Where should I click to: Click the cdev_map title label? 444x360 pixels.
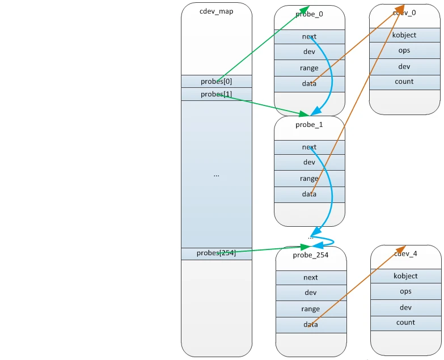pyautogui.click(x=217, y=11)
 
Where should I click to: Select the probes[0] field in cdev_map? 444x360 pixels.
pyautogui.click(x=217, y=81)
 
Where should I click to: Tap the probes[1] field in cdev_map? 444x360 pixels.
pyautogui.click(x=217, y=94)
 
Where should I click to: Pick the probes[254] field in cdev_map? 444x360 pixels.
pyautogui.click(x=217, y=253)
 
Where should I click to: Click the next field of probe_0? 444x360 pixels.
pyautogui.click(x=310, y=37)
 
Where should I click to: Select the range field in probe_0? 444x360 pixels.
pyautogui.click(x=310, y=68)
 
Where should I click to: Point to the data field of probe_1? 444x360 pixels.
pyautogui.click(x=310, y=194)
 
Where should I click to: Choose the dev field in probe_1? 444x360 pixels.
pyautogui.click(x=310, y=162)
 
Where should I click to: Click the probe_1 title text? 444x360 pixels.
pyautogui.click(x=309, y=125)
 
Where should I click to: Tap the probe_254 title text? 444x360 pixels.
pyautogui.click(x=311, y=255)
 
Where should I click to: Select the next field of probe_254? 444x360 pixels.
pyautogui.click(x=311, y=278)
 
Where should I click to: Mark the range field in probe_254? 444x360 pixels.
pyautogui.click(x=311, y=309)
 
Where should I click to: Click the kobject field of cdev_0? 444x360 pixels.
pyautogui.click(x=405, y=35)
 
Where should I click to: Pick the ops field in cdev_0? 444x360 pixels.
pyautogui.click(x=405, y=50)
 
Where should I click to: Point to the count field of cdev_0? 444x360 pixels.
pyautogui.click(x=405, y=82)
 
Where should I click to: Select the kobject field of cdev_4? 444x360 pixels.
pyautogui.click(x=406, y=276)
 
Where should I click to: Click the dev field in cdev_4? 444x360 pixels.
pyautogui.click(x=406, y=308)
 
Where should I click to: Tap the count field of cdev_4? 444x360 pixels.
pyautogui.click(x=406, y=323)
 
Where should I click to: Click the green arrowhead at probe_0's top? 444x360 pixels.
pyautogui.click(x=305, y=10)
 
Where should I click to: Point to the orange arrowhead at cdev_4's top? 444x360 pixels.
pyautogui.click(x=401, y=249)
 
